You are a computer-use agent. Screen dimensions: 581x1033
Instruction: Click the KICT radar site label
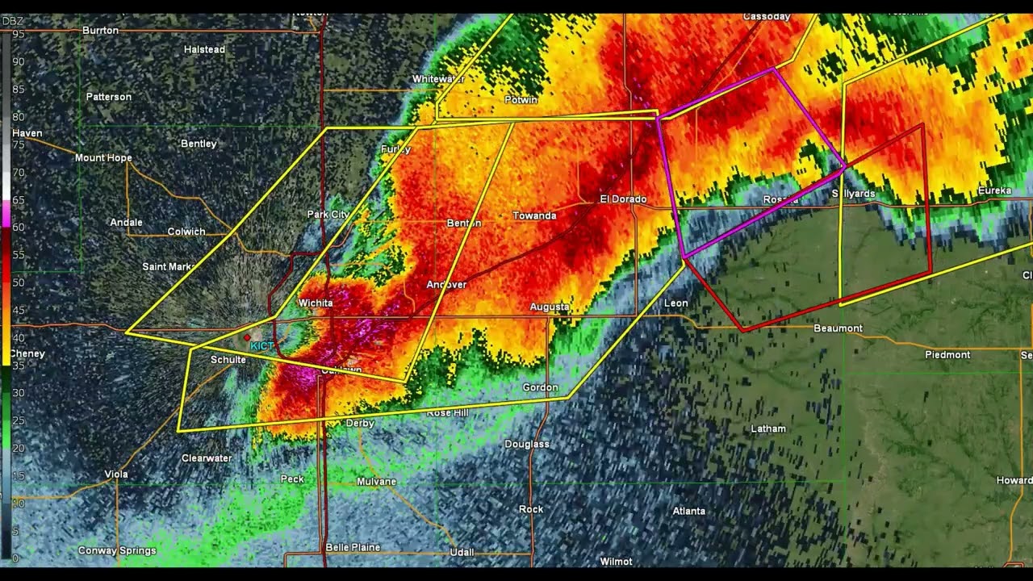click(262, 346)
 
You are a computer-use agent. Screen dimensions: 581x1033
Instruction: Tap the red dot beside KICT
click(247, 337)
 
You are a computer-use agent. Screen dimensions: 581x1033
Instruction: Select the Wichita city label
click(316, 303)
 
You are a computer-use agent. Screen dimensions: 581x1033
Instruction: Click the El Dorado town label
click(623, 199)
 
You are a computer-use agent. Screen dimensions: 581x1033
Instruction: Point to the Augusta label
click(550, 307)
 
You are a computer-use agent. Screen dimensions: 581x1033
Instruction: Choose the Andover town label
click(446, 285)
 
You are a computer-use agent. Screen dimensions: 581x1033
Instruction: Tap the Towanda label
click(534, 215)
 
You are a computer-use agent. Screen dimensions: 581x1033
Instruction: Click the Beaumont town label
click(838, 328)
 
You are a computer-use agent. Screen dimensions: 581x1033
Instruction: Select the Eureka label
click(994, 190)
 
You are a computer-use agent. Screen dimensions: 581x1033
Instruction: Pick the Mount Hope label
click(103, 158)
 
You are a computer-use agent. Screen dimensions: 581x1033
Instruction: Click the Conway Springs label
click(117, 550)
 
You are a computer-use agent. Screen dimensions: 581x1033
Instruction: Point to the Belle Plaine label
click(353, 547)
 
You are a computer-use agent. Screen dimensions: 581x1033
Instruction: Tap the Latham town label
click(767, 428)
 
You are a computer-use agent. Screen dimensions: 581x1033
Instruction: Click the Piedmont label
click(947, 355)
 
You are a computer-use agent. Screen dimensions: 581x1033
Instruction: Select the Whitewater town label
click(438, 79)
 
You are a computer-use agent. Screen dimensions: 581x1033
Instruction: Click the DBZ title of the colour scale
click(12, 21)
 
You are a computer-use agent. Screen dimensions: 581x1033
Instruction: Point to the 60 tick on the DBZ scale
click(18, 228)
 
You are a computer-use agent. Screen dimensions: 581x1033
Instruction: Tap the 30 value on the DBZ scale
click(18, 393)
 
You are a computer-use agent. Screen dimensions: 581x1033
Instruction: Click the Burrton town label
click(101, 31)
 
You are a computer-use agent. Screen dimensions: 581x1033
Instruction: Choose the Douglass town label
click(527, 444)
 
